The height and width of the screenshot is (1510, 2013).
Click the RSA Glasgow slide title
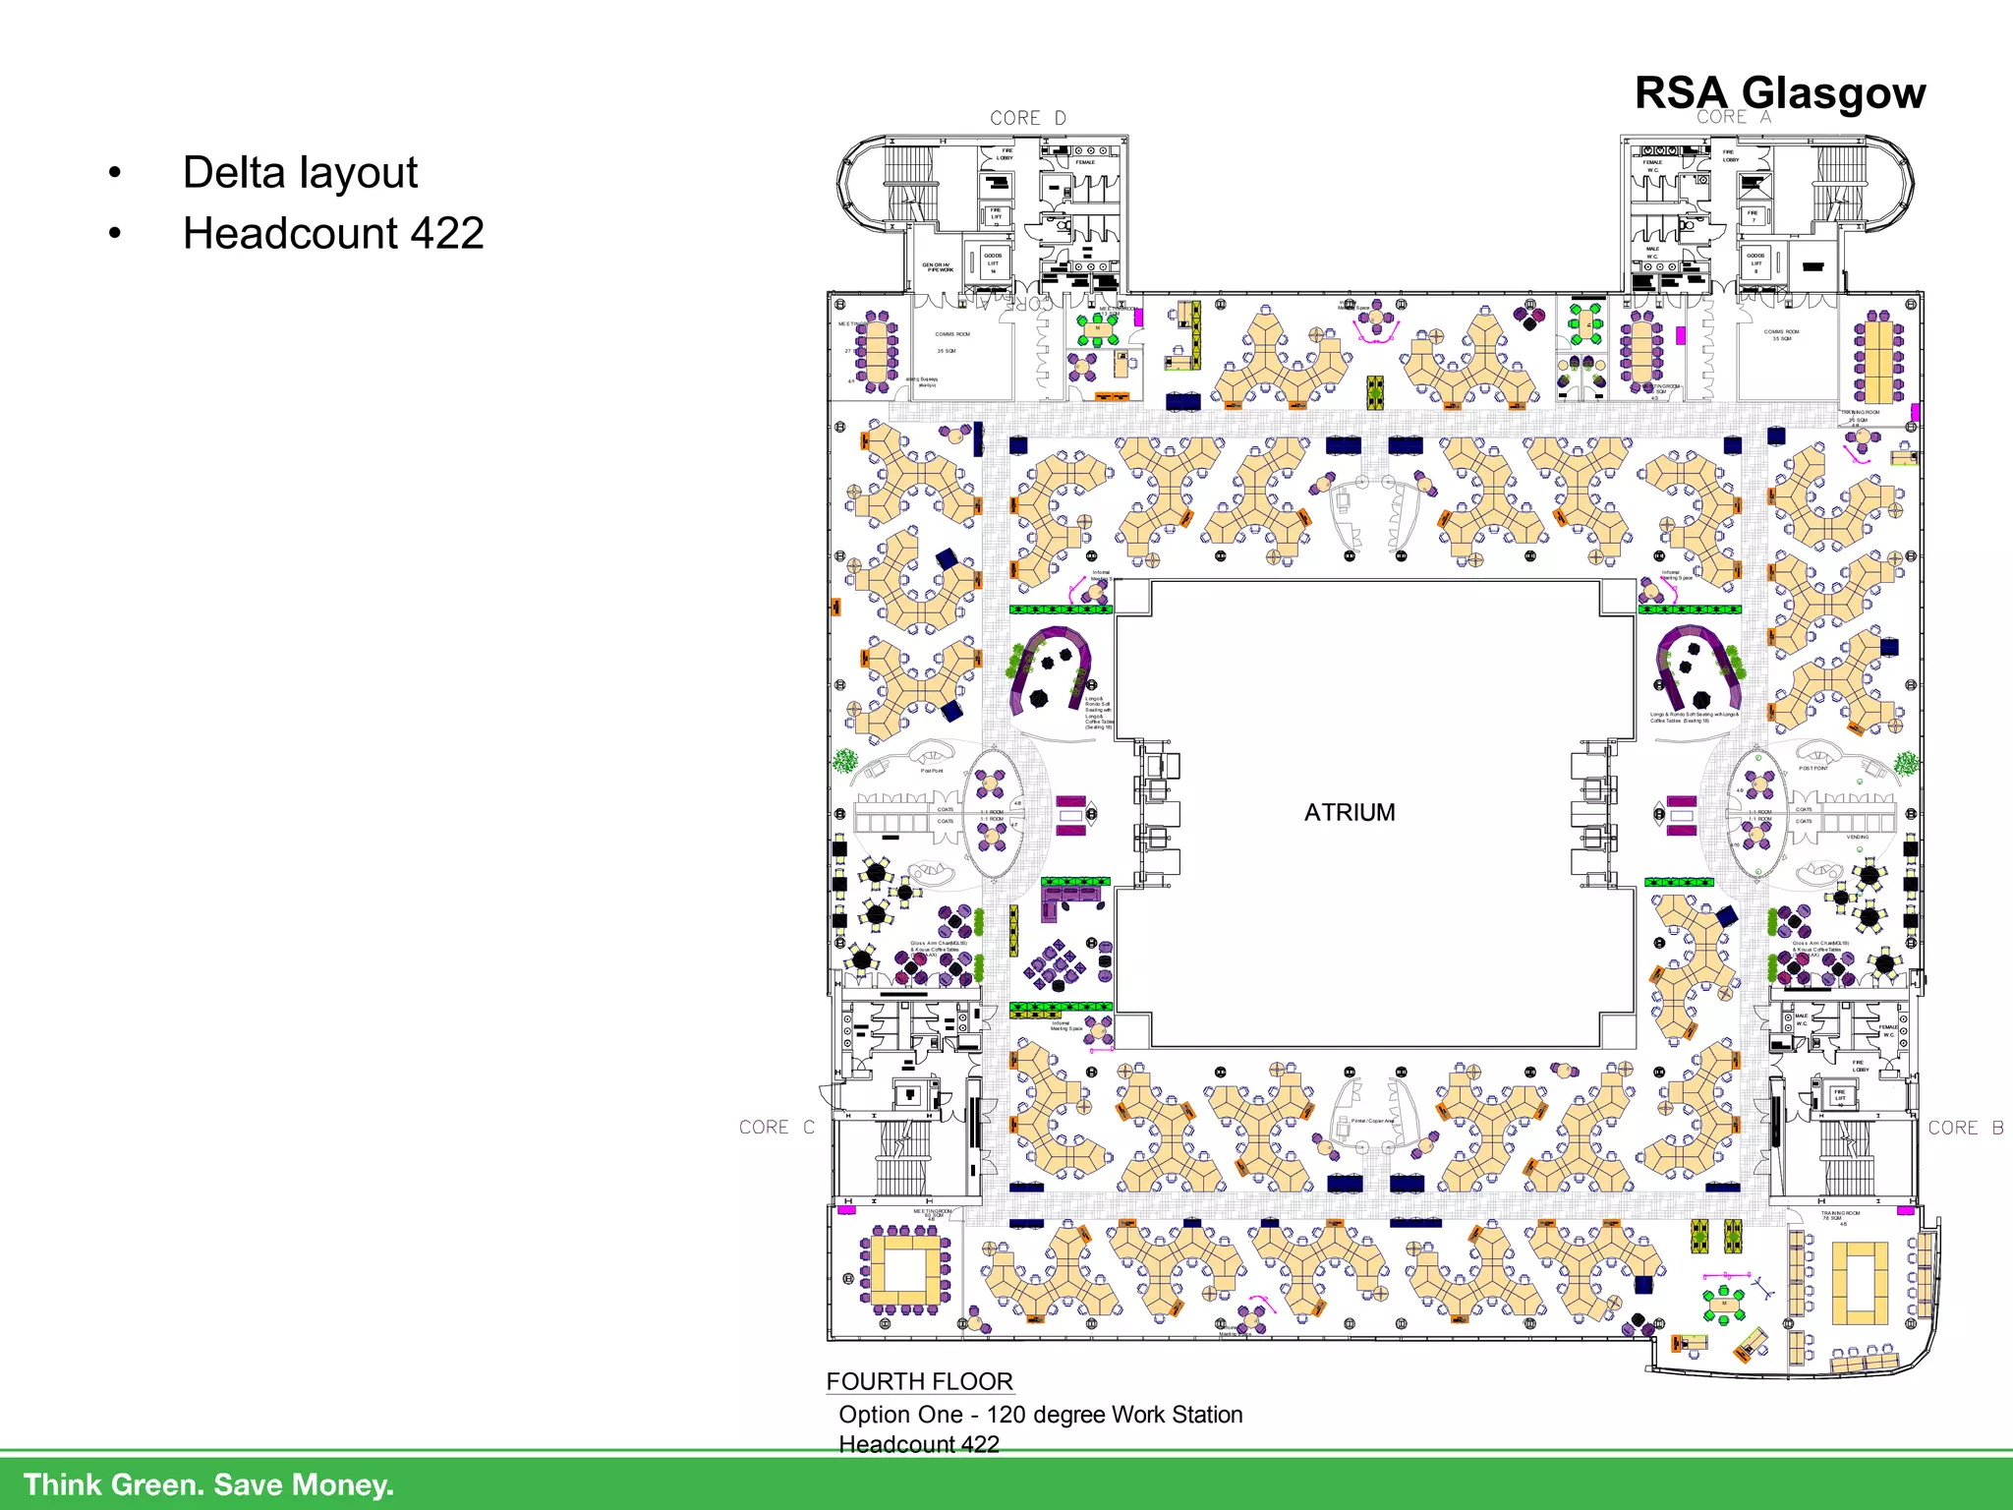coord(1779,93)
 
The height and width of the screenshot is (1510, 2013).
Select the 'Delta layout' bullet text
coord(300,173)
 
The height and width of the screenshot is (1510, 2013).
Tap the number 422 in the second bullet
coord(447,234)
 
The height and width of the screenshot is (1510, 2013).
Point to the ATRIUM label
coord(1349,812)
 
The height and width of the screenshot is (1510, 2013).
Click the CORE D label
coord(1027,118)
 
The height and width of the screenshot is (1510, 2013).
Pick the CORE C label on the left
coord(776,1128)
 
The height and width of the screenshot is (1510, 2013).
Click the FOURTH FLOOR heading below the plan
coord(919,1381)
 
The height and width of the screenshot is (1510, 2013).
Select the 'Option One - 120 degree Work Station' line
coord(1040,1415)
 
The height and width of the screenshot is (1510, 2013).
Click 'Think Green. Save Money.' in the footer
coord(208,1484)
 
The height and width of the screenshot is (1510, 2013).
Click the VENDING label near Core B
coord(1857,837)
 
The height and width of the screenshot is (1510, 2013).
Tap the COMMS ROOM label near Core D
coord(951,334)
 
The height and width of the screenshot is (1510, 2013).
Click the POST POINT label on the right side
coord(1813,768)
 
